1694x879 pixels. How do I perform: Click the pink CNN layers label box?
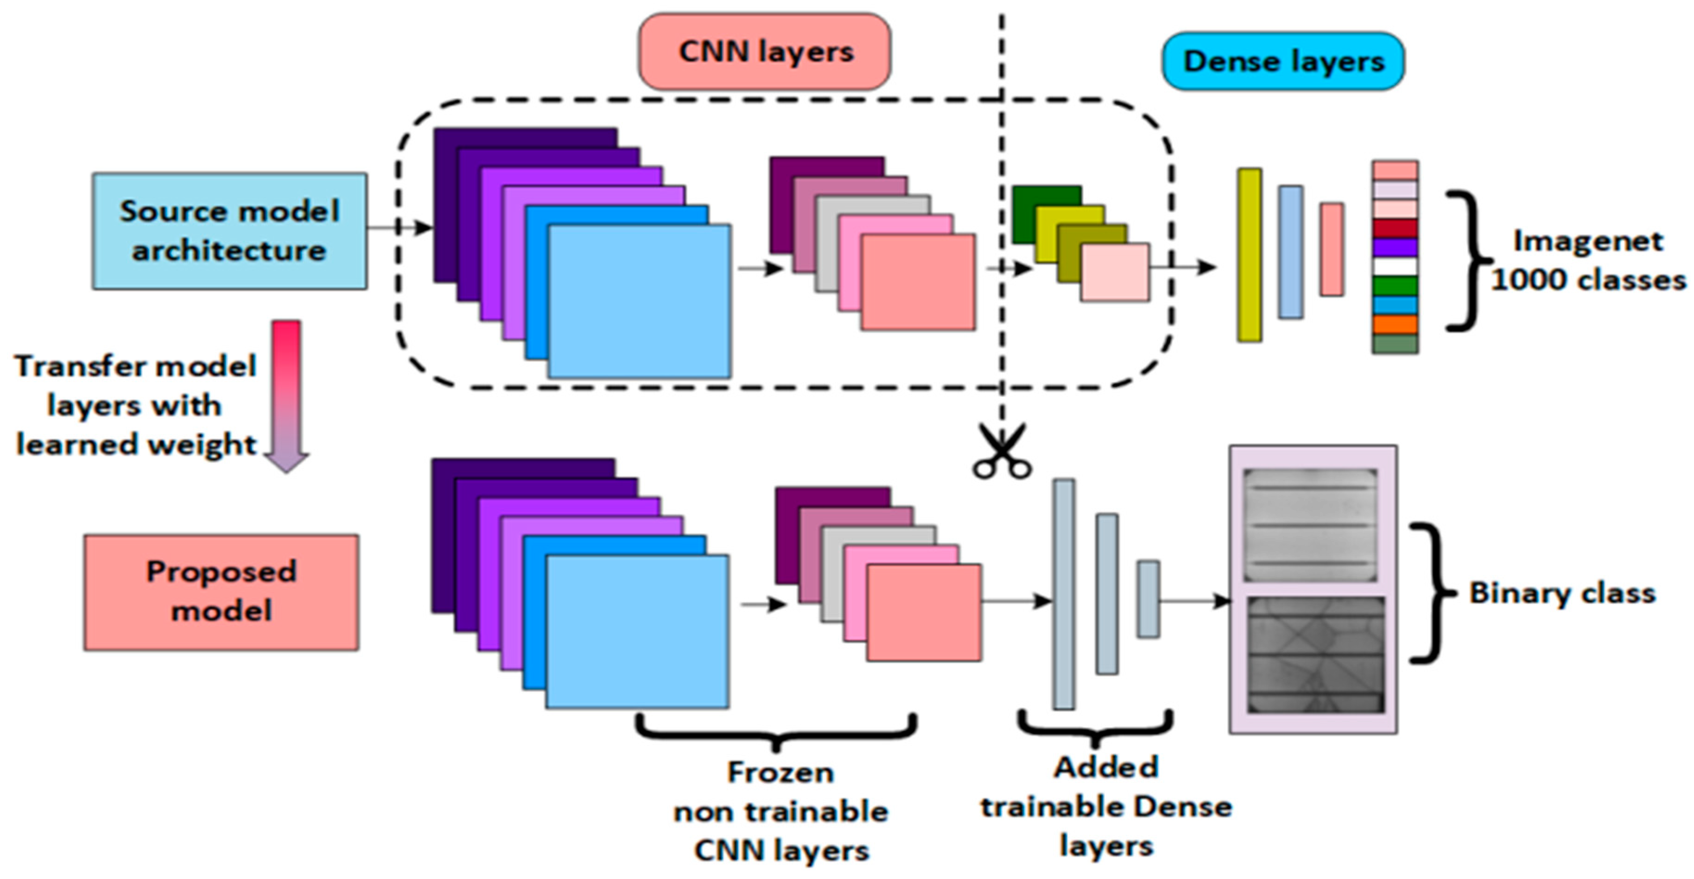(x=764, y=52)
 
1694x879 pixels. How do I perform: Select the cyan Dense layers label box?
(x=1282, y=61)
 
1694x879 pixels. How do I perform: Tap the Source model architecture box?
(x=229, y=231)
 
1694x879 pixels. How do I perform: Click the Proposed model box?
(x=221, y=591)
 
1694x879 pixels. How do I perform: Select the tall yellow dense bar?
(x=1249, y=255)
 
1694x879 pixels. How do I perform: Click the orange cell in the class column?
(x=1394, y=324)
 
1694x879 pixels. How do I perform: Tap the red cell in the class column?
(x=1394, y=228)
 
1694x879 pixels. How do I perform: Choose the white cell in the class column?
(x=1394, y=266)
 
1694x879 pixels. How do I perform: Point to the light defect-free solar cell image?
(x=1310, y=525)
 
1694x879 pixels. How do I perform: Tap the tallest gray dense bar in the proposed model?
(x=1063, y=594)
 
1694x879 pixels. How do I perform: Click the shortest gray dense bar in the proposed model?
(x=1148, y=599)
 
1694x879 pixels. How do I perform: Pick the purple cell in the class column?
(x=1394, y=247)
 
